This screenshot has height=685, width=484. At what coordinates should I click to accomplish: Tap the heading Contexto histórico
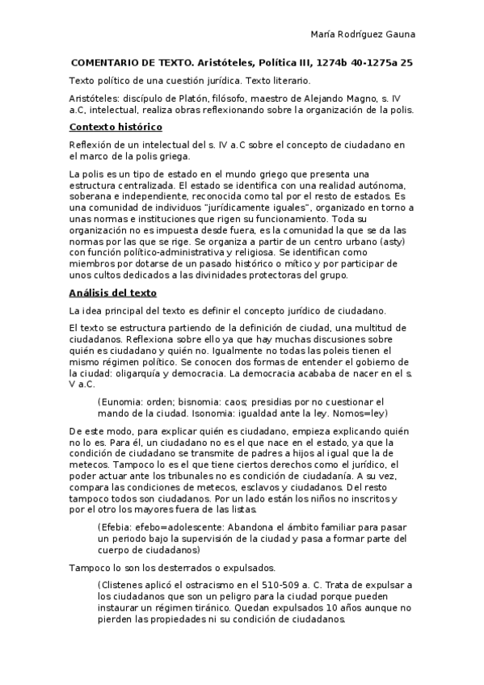pyautogui.click(x=116, y=127)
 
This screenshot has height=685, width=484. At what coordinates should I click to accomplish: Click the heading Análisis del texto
pyautogui.click(x=112, y=292)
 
